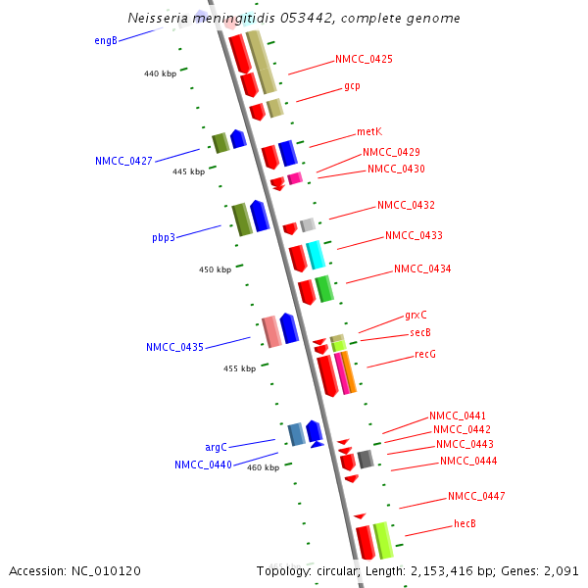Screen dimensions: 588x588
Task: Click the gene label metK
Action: [x=369, y=131]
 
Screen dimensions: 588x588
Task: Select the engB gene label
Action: [x=106, y=40]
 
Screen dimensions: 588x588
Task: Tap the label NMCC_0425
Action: [x=364, y=59]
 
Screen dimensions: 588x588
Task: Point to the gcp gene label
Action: [x=352, y=86]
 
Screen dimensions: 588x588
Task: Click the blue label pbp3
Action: [x=164, y=237]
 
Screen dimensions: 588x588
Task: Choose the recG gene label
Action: [x=425, y=354]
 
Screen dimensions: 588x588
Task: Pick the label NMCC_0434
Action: [x=422, y=269]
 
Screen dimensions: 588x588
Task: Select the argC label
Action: [x=216, y=447]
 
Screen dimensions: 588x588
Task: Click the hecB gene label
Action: [x=465, y=523]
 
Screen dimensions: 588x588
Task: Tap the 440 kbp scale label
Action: [x=160, y=73]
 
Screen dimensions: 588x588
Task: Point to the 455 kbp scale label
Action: [x=239, y=368]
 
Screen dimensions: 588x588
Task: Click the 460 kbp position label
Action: [x=263, y=467]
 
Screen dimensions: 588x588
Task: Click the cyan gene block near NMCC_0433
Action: [x=316, y=255]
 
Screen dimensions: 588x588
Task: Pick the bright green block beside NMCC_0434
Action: [x=324, y=288]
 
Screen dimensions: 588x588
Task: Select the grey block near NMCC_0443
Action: [x=366, y=459]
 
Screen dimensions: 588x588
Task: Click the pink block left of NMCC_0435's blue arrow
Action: [x=271, y=331]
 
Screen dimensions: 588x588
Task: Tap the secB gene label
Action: [x=420, y=333]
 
